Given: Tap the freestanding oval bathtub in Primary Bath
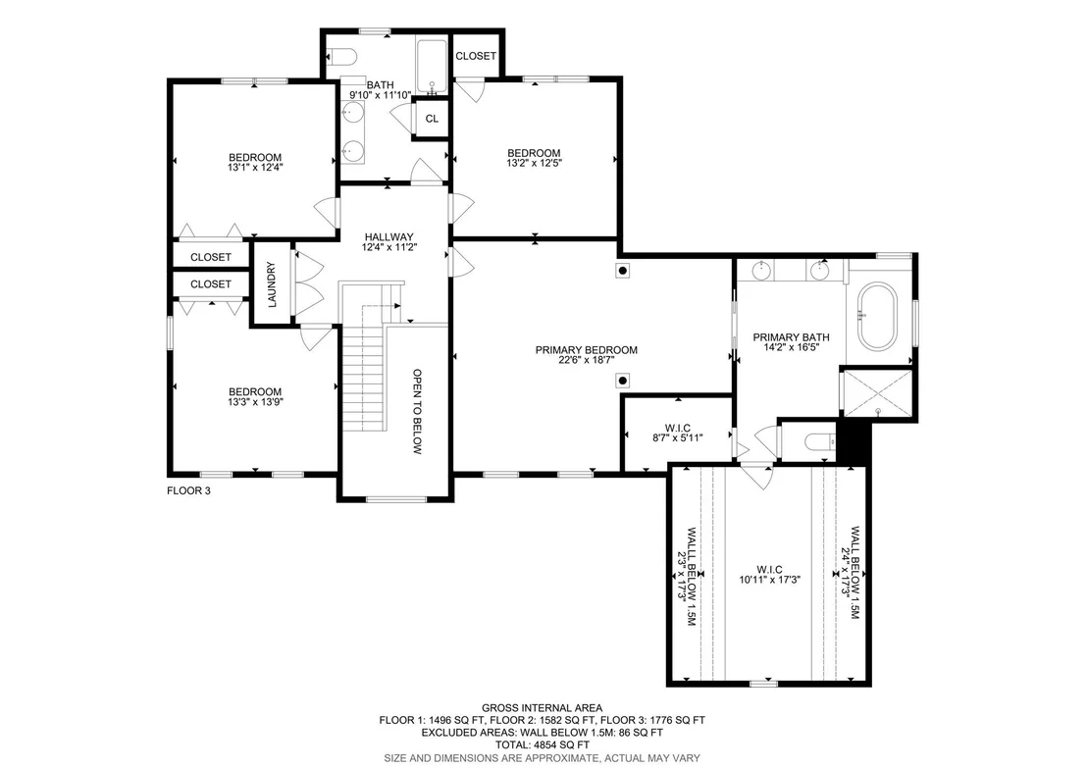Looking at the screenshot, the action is coord(877,317).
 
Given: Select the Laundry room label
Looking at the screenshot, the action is coord(272,284).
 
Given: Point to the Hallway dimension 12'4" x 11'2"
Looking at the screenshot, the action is coord(388,247).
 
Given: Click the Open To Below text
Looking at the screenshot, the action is coord(417,411).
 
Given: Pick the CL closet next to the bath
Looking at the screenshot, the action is coord(432,119).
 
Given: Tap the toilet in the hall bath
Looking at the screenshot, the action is coord(341,55).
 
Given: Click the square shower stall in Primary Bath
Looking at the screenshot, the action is coord(878,394).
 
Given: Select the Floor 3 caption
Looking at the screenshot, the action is coord(188,490).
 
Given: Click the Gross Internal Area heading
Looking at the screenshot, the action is coord(543,708).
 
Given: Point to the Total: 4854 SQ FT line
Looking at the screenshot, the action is coord(543,745).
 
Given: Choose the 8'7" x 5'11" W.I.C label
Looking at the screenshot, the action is coord(677,434).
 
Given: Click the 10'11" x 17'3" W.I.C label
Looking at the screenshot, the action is coord(769,575).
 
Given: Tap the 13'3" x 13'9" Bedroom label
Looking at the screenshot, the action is coord(255,396).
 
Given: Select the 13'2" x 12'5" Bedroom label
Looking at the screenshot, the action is coord(534,158).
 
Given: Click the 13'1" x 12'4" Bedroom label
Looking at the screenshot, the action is coord(255,162).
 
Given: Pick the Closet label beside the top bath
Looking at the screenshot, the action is coord(476,56).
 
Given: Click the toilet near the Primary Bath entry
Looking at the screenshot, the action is coord(820,441).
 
